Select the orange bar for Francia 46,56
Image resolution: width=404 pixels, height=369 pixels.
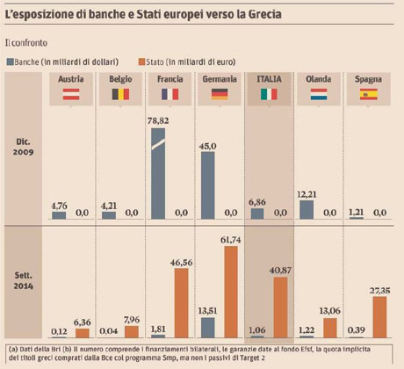182,304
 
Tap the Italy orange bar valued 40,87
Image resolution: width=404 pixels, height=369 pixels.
281,307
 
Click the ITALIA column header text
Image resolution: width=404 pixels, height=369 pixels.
269,79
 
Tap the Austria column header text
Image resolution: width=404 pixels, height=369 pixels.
70,79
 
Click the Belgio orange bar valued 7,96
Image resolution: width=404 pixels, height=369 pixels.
131,332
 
